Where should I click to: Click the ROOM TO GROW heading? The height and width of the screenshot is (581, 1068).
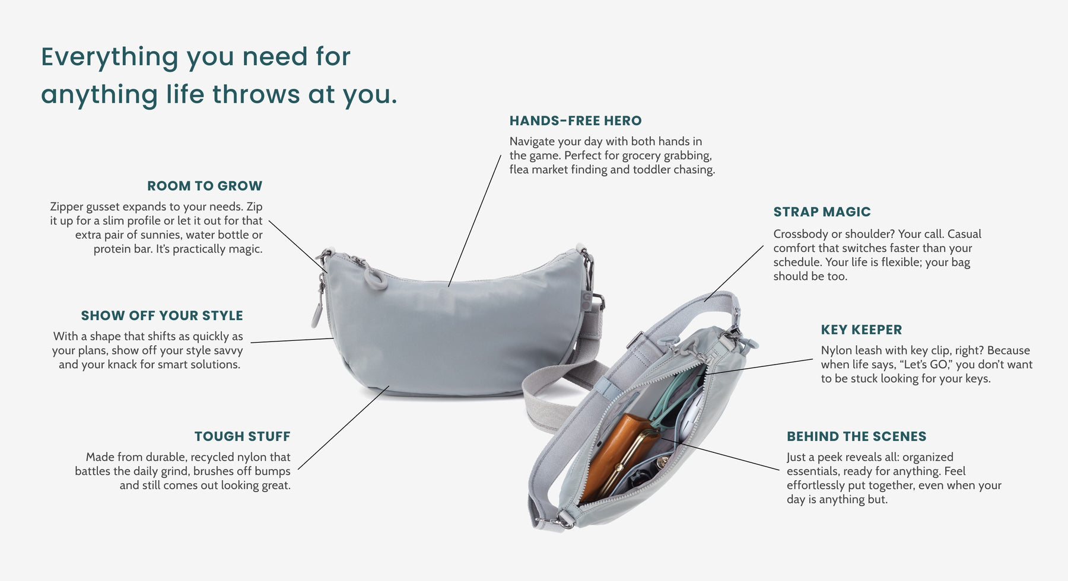(x=205, y=186)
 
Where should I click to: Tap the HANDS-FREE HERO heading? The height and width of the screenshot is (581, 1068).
(x=576, y=121)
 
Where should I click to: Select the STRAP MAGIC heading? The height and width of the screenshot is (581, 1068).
(x=822, y=212)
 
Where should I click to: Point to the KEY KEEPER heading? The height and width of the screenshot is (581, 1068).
(x=862, y=330)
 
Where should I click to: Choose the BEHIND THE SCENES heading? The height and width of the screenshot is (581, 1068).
(x=856, y=436)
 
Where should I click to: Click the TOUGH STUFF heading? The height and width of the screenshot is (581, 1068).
(x=242, y=436)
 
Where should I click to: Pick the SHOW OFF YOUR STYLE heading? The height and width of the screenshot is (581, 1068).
(x=162, y=315)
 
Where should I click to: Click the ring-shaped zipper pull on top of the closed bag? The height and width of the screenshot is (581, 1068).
(x=375, y=277)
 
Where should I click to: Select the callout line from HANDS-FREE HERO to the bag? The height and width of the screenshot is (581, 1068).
(x=475, y=221)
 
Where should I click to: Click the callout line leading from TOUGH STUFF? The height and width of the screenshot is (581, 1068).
(x=344, y=427)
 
